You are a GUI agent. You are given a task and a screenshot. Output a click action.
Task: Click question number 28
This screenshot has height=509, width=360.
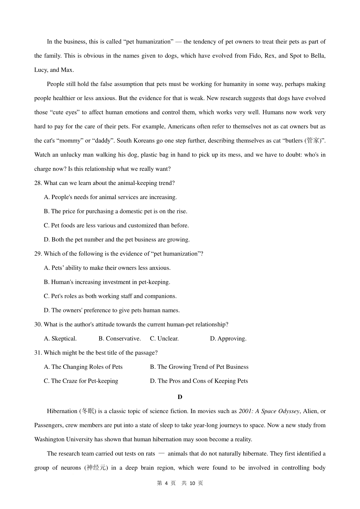click(38, 183)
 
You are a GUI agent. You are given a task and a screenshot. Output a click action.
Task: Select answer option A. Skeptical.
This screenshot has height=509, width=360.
click(60, 339)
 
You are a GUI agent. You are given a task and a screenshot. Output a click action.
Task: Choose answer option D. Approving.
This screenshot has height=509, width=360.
click(228, 339)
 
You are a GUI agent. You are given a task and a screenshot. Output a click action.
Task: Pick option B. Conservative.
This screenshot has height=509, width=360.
click(119, 339)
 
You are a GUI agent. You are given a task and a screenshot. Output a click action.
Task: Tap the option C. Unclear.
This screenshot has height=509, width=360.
click(164, 339)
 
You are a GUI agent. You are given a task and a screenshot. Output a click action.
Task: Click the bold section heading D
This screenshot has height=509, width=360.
click(180, 397)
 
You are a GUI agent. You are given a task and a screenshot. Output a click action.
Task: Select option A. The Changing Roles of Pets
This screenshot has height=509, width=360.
click(83, 367)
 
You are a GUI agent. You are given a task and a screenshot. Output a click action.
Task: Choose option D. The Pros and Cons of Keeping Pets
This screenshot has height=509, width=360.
click(199, 381)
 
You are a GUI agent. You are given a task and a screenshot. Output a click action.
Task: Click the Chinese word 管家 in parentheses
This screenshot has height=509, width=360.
click(313, 141)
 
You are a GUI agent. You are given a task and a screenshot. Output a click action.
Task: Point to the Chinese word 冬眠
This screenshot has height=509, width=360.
click(88, 411)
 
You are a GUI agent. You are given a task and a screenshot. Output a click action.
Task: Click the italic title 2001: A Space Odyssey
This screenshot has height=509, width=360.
click(269, 411)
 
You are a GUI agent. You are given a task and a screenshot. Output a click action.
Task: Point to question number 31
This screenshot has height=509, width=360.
click(38, 353)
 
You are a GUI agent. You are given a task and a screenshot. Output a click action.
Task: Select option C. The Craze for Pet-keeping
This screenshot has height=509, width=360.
click(81, 381)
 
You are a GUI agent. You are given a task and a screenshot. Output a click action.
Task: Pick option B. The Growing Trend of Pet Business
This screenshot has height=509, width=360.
click(199, 367)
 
